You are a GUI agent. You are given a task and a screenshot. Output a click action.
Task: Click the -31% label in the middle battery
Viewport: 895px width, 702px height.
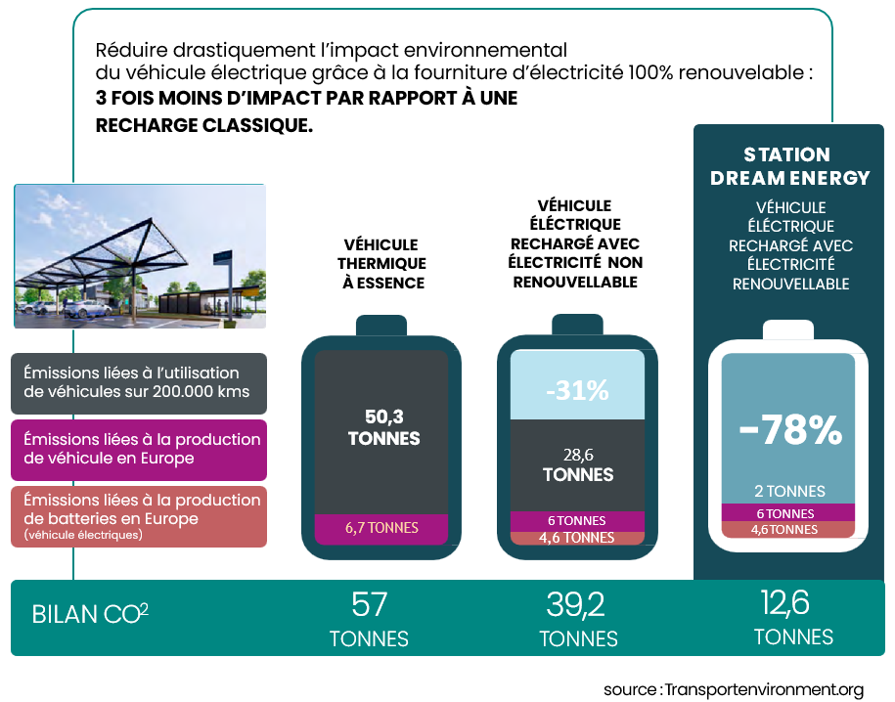(577, 391)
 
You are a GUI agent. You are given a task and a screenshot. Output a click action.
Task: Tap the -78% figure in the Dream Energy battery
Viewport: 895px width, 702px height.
(790, 429)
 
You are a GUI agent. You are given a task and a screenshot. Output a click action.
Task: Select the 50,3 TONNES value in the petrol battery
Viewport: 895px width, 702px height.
(383, 427)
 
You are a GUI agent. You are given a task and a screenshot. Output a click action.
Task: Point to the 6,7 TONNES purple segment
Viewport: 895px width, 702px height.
(381, 528)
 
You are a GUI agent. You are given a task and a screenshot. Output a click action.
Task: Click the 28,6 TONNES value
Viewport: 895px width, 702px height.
(578, 465)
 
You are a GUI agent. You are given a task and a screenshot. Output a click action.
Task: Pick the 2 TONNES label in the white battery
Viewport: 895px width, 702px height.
(789, 492)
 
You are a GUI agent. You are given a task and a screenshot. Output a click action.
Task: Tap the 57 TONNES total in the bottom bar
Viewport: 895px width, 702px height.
(369, 619)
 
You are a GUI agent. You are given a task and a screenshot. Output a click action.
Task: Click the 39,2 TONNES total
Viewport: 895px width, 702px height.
(578, 619)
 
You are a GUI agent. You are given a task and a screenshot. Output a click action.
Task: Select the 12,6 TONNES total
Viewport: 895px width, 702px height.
(793, 618)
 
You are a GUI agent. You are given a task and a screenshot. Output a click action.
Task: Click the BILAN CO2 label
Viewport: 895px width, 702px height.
(90, 614)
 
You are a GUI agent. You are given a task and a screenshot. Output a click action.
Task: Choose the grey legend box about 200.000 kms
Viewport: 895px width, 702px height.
(139, 383)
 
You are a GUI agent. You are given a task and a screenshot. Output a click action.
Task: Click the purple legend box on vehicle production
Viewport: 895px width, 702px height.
(139, 450)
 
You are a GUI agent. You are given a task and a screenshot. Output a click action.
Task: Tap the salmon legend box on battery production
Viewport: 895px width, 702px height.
(139, 516)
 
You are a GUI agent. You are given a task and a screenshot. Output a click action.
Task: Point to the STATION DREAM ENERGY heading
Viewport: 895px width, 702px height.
(789, 166)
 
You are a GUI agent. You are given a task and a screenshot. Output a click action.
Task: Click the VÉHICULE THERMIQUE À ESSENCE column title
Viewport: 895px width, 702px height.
(381, 264)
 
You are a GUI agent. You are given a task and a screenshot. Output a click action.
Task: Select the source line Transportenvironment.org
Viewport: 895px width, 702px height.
(734, 689)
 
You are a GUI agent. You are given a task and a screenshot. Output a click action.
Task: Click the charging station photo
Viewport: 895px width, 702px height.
(140, 256)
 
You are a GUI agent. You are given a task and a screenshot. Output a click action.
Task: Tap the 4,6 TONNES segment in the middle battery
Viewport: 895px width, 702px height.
(576, 538)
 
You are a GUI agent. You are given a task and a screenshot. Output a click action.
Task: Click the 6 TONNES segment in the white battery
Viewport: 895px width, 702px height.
(787, 513)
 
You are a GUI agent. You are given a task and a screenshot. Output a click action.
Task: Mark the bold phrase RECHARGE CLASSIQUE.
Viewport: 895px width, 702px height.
(203, 125)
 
